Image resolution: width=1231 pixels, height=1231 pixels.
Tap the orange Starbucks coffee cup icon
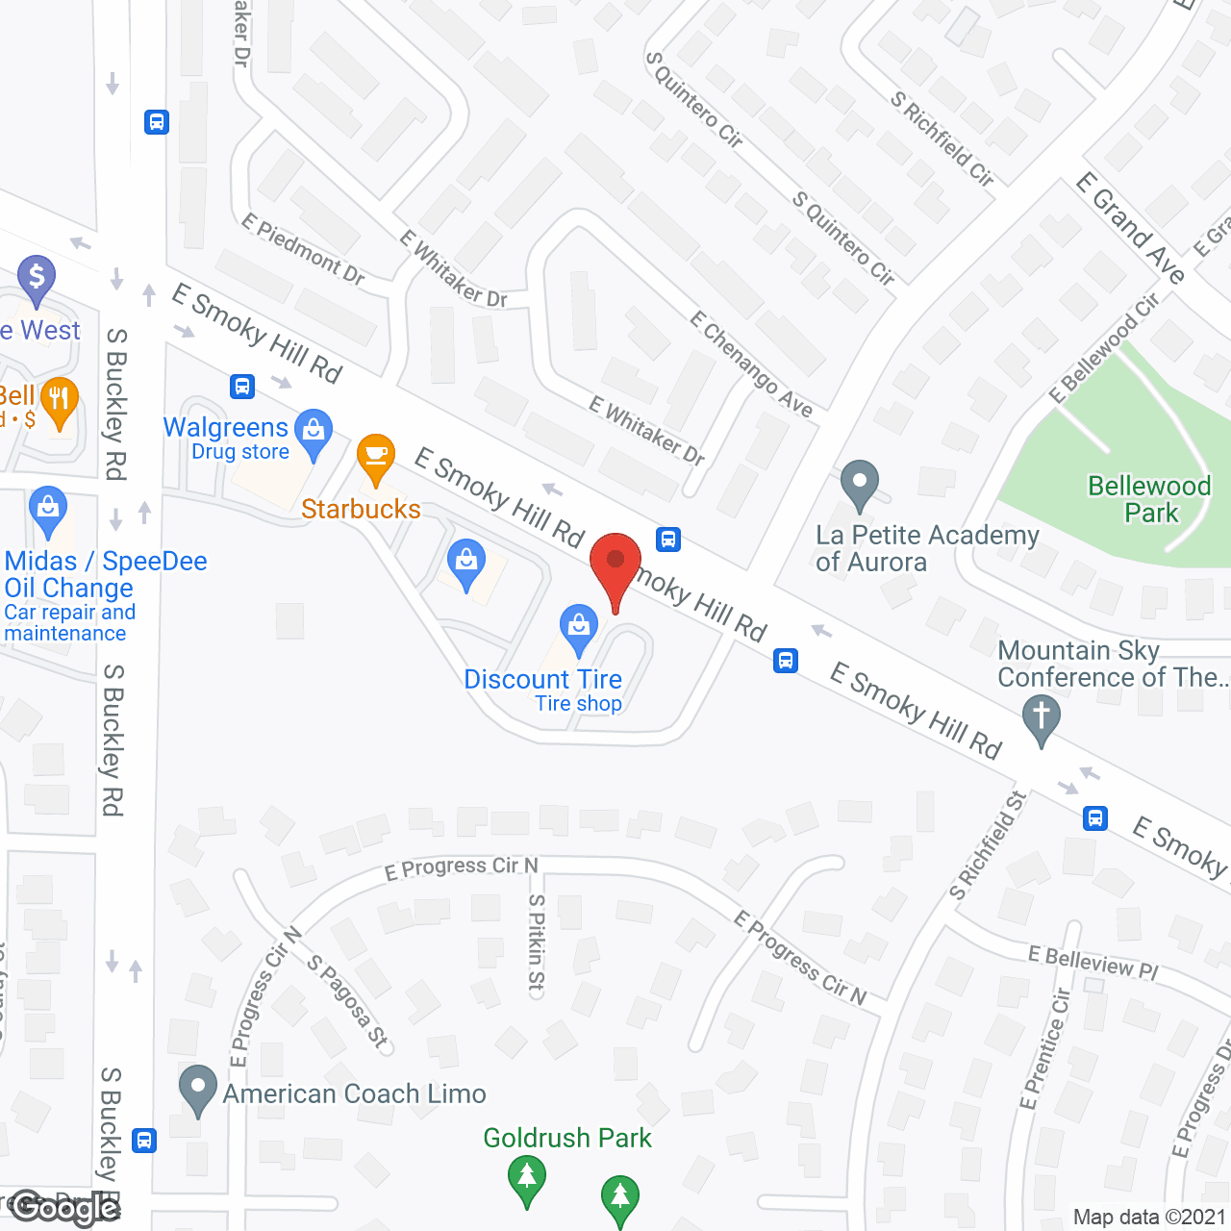(375, 456)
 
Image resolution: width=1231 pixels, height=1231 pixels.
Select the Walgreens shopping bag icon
(313, 432)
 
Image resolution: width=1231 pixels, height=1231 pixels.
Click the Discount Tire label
(542, 680)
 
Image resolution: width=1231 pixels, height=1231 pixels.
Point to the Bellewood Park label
(1149, 499)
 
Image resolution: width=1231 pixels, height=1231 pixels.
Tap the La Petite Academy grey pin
(860, 484)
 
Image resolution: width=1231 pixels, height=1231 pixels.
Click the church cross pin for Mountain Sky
(1041, 719)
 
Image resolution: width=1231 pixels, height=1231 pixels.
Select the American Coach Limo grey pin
(198, 1089)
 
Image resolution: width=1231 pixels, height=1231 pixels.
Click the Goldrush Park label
(567, 1138)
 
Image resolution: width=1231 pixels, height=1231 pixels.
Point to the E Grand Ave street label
(1130, 227)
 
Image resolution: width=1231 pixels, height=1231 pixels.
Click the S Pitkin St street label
(536, 942)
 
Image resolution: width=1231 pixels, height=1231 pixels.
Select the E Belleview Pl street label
(1093, 962)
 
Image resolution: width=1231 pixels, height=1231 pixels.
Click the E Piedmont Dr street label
(303, 249)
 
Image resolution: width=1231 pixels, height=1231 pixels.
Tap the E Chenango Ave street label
(751, 364)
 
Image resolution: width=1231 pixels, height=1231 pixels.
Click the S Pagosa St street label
(347, 1000)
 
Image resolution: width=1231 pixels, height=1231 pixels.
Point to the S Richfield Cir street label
(942, 138)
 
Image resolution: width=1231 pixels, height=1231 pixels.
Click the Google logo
(64, 1208)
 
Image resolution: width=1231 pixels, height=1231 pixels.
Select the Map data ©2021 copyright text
(1149, 1217)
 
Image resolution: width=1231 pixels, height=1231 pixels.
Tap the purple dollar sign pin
(37, 279)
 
